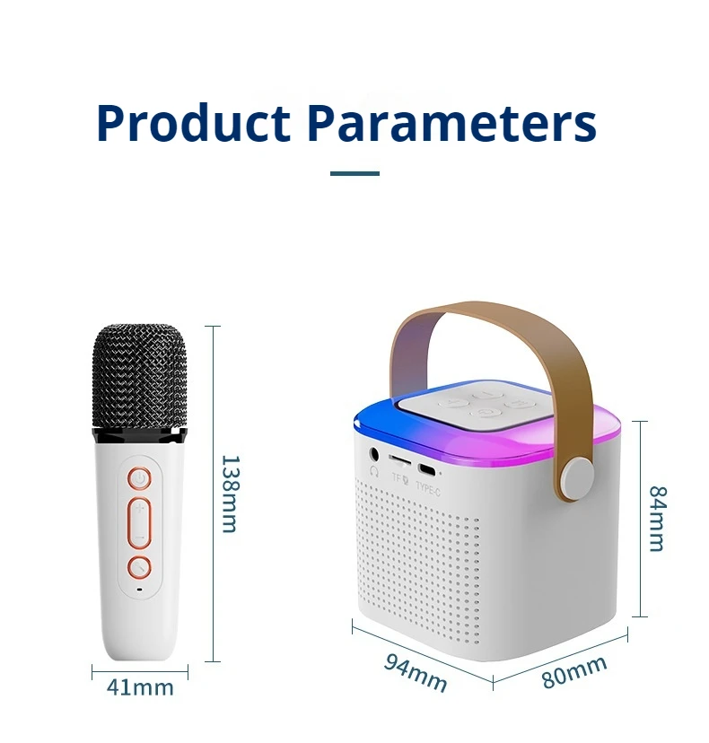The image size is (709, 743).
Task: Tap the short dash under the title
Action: (x=354, y=173)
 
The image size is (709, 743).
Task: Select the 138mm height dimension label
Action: (x=230, y=494)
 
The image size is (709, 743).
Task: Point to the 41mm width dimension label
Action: (x=140, y=687)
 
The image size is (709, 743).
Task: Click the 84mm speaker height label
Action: (x=658, y=519)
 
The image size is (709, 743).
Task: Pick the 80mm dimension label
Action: (x=574, y=672)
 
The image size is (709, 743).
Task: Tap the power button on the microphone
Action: (x=138, y=479)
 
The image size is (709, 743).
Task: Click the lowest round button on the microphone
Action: (x=138, y=567)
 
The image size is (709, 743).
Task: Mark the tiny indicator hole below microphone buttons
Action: (x=138, y=590)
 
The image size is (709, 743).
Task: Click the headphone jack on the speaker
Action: (x=373, y=454)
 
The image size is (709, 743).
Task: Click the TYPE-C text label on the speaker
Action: (x=427, y=489)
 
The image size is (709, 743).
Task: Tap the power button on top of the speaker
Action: (x=486, y=412)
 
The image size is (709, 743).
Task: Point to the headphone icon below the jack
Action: (x=373, y=470)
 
